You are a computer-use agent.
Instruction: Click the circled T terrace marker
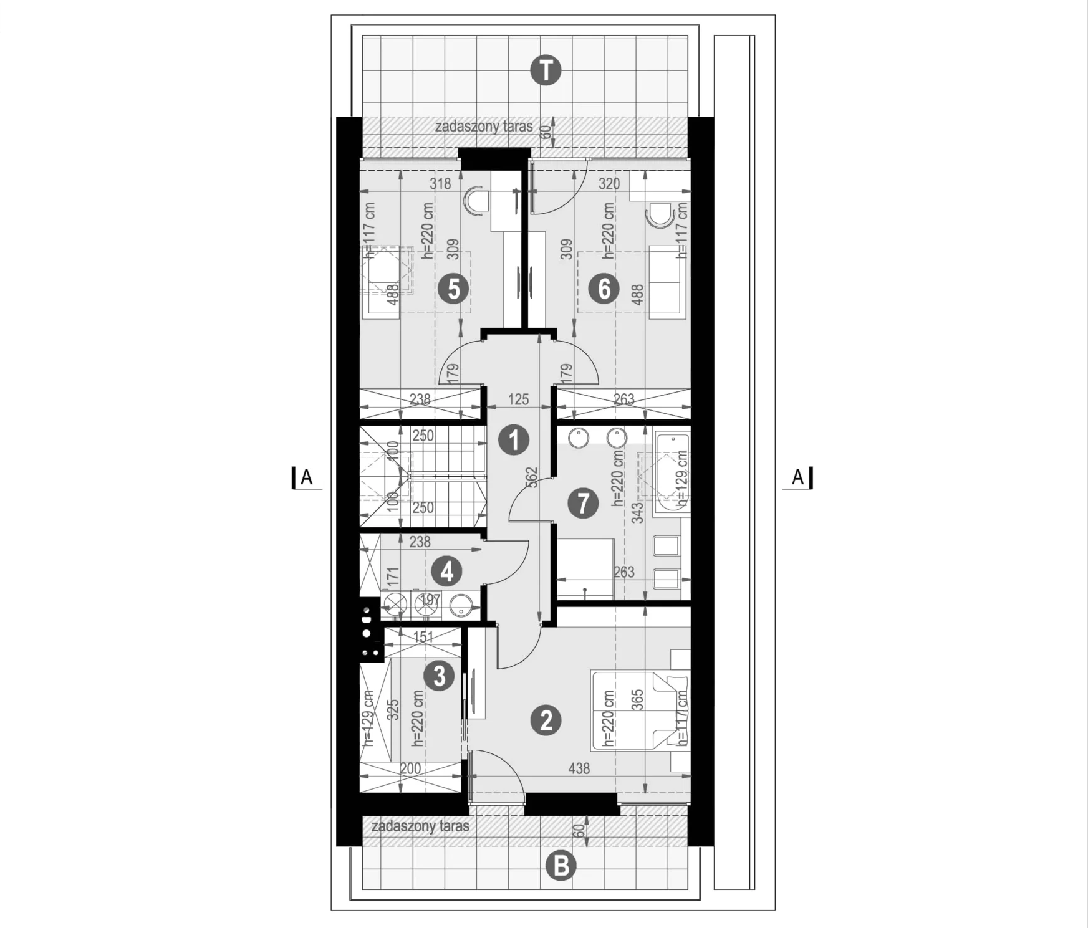coord(546,71)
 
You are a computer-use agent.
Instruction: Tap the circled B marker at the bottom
coord(561,866)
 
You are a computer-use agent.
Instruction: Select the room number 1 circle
coord(514,440)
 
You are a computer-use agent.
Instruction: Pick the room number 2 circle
coord(546,720)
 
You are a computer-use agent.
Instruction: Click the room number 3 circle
coord(440,675)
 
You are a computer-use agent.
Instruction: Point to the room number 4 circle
coord(447,571)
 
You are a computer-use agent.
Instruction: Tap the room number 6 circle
coord(604,289)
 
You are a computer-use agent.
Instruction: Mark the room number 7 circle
coord(584,503)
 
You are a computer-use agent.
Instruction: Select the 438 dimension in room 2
coord(579,769)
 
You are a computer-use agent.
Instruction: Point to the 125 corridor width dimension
coord(519,399)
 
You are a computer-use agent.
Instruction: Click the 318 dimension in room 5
coord(440,184)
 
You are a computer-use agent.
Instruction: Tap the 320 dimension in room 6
coord(609,184)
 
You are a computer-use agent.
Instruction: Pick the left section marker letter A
coord(306,477)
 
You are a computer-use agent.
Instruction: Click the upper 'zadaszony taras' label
coord(484,127)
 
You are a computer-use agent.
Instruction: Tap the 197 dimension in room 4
coord(431,601)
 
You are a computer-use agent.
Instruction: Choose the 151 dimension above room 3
coord(423,637)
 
